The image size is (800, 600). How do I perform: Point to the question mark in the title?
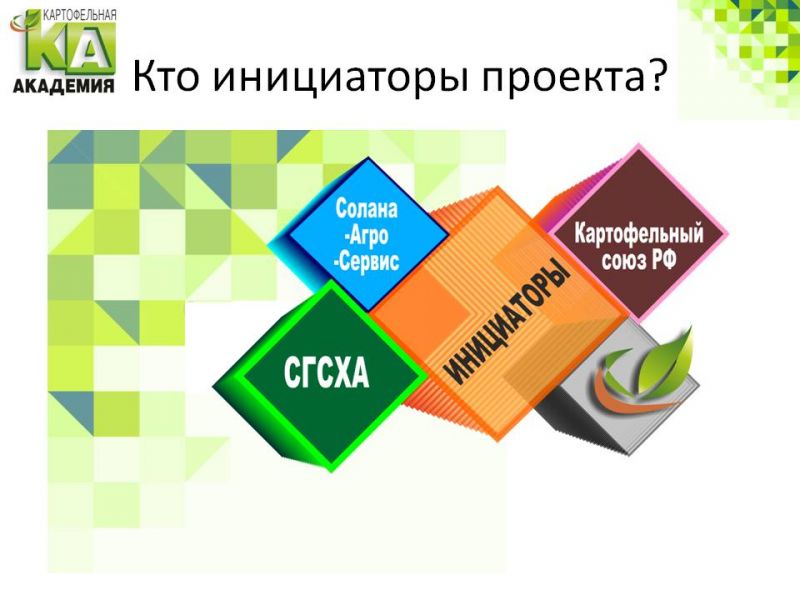656,74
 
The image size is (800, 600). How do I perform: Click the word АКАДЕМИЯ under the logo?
63,86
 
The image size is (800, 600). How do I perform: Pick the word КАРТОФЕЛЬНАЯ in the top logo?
80,14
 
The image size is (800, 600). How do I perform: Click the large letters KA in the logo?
69,47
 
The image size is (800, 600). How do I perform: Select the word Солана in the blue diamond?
366,209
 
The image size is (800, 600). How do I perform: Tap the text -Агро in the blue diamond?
366,235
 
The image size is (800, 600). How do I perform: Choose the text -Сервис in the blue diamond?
366,262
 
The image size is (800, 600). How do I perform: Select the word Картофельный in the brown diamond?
639,233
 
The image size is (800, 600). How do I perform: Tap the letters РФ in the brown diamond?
663,260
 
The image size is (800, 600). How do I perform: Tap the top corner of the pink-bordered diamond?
638,144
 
